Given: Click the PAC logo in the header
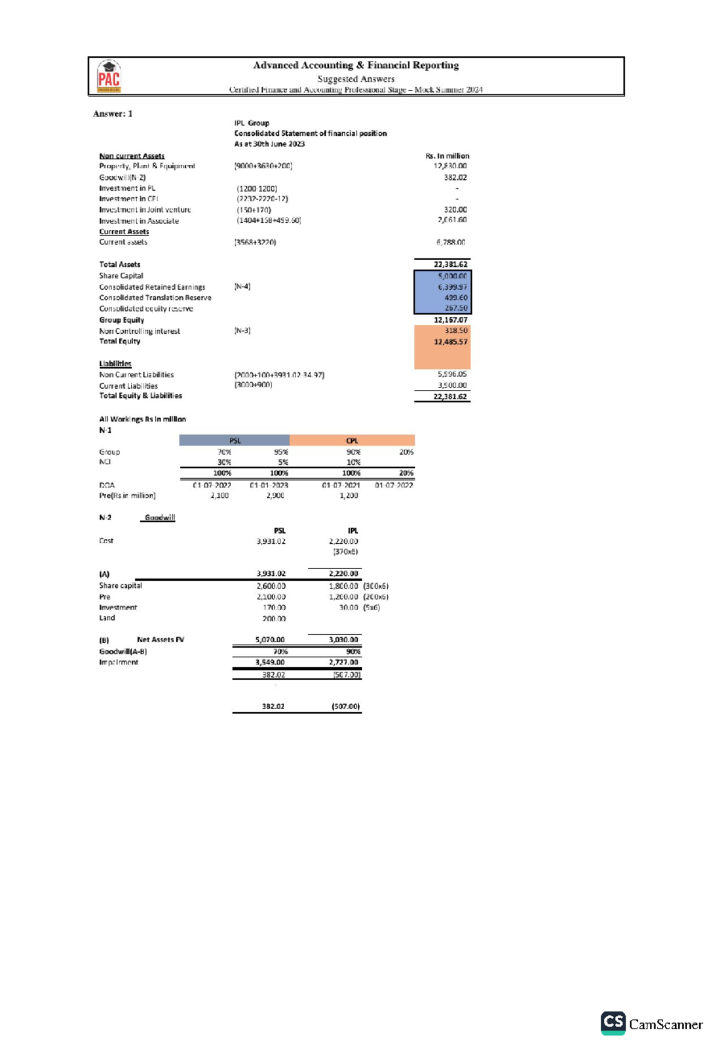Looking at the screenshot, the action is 109,76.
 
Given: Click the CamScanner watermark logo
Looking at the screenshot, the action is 652,1024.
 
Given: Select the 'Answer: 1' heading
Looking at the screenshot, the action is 113,113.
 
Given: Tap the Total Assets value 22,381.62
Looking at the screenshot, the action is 450,264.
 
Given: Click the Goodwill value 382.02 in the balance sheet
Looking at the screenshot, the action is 455,177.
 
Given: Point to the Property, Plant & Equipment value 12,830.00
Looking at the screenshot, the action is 450,166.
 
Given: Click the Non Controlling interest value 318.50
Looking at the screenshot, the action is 456,331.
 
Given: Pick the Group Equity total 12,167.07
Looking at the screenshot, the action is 450,320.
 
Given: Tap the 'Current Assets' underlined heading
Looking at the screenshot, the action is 124,232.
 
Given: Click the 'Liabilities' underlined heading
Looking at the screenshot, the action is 115,363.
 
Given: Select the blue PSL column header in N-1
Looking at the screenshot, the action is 235,441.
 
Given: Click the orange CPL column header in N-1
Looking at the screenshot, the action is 352,441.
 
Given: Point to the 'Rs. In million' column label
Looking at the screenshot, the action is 447,156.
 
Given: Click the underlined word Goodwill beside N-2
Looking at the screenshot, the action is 160,517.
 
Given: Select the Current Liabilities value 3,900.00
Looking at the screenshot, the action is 452,385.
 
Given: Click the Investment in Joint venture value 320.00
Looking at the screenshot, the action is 455,210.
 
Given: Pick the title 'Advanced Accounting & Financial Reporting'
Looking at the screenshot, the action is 356,65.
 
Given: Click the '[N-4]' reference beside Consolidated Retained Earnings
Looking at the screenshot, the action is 242,287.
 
